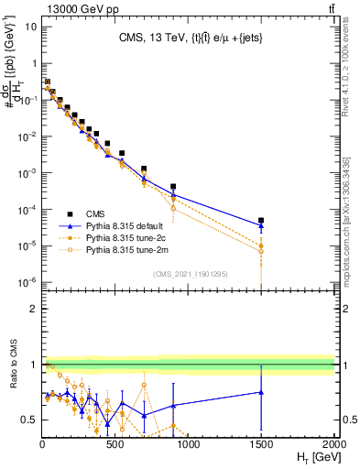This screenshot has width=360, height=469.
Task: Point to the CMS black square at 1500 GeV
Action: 261,221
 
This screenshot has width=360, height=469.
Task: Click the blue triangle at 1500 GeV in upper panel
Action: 261,225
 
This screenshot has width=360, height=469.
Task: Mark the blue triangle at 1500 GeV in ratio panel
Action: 261,392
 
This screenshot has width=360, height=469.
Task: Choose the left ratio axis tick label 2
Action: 31,309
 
